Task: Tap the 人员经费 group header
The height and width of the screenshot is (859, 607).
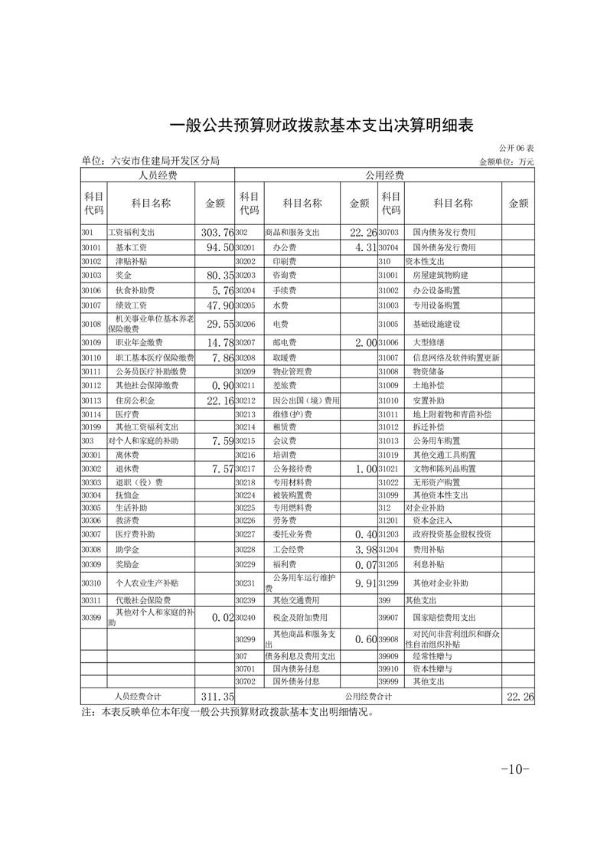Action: pyautogui.click(x=158, y=175)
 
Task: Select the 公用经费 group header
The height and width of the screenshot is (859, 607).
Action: pyautogui.click(x=385, y=175)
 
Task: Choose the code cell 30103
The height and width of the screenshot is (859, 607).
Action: pyautogui.click(x=91, y=275)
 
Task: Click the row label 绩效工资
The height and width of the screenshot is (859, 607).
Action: pyautogui.click(x=135, y=305)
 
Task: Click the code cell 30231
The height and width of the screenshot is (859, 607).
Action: pyautogui.click(x=245, y=583)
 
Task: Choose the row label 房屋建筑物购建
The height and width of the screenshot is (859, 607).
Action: pyautogui.click(x=440, y=275)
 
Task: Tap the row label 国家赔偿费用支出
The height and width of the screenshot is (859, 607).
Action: pyautogui.click(x=445, y=618)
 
